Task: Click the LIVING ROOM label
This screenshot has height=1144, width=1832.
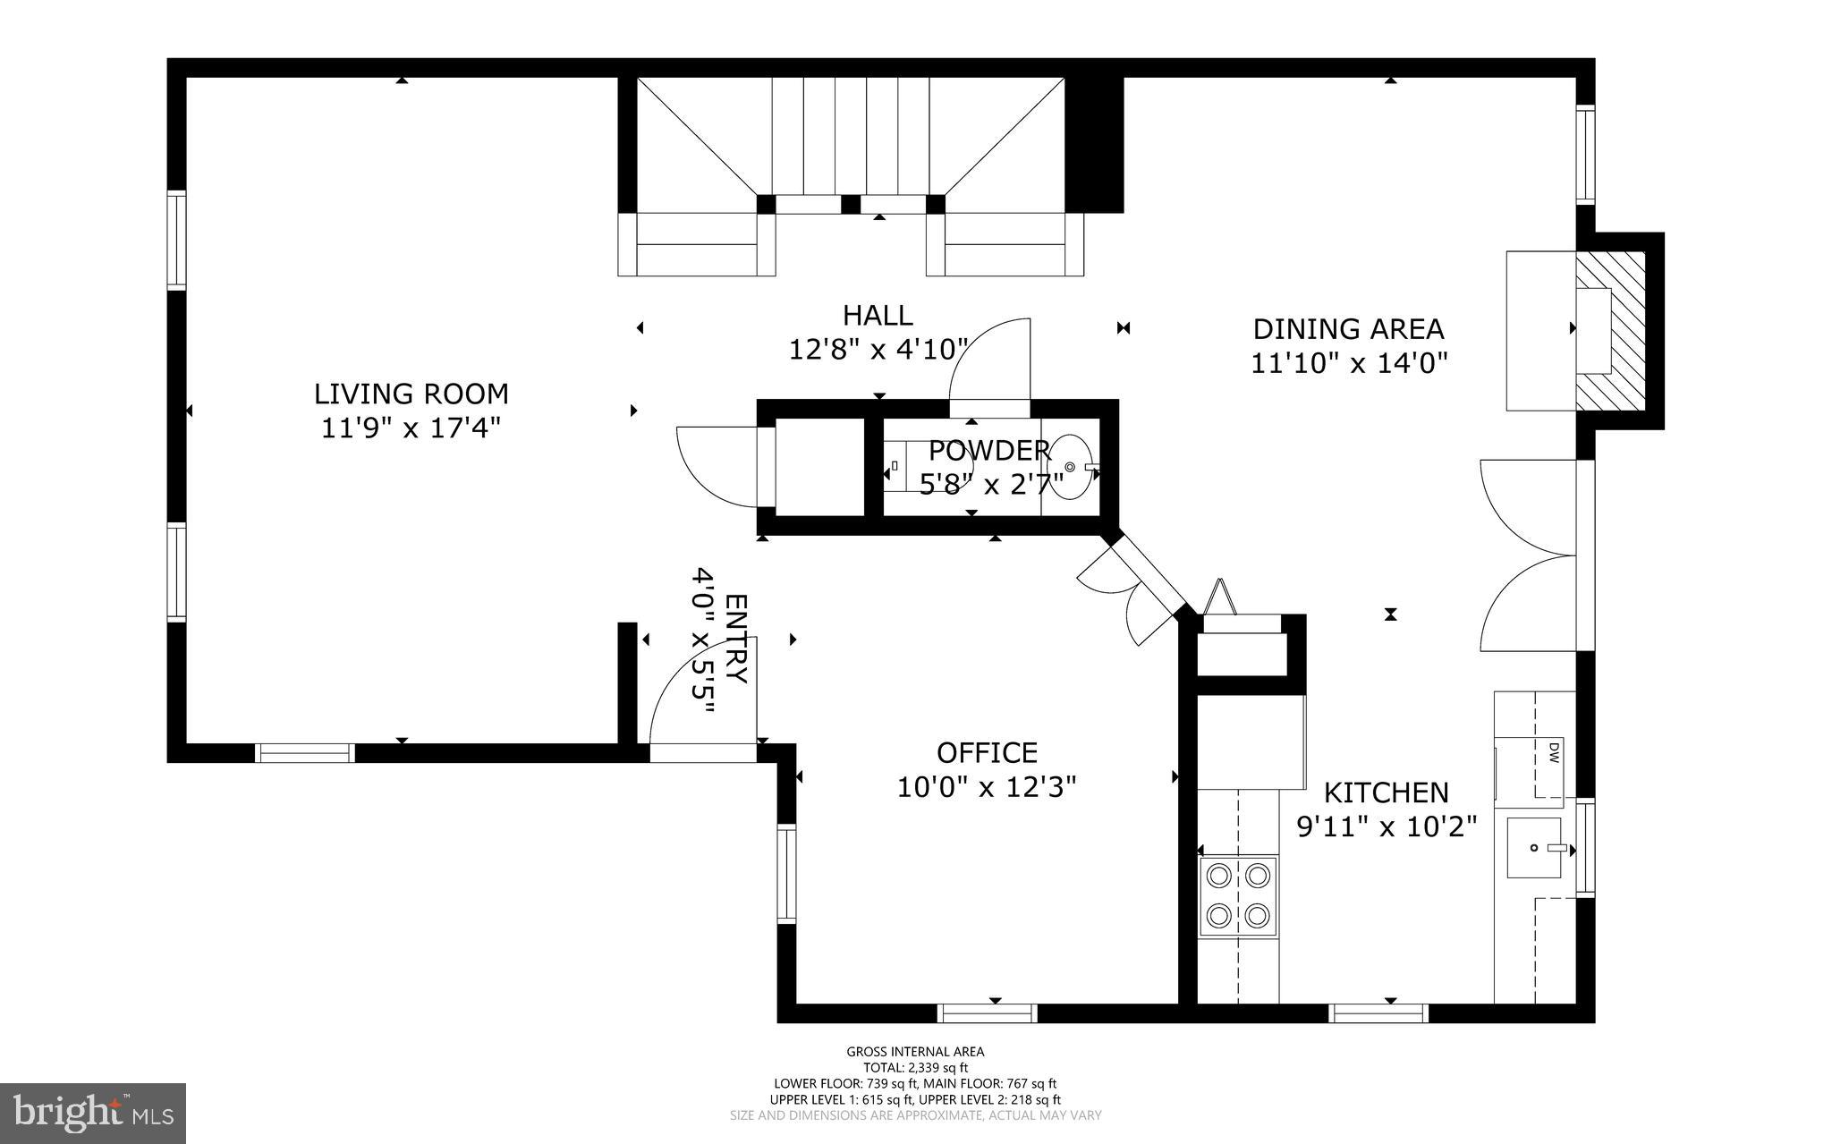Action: tap(411, 394)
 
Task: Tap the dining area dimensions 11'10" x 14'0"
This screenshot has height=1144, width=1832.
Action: tap(1348, 363)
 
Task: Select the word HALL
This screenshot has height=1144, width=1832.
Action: tap(878, 315)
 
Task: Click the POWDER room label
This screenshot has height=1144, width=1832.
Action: tap(988, 450)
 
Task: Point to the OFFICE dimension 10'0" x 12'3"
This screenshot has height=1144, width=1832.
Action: tap(986, 787)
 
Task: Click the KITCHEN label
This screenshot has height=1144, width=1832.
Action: tap(1386, 792)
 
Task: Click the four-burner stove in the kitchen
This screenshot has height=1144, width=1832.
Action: tap(1238, 895)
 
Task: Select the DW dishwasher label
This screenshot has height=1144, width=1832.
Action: tap(1554, 752)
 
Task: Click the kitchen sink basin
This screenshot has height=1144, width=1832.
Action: tap(1534, 847)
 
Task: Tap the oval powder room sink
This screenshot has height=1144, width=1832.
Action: tap(1070, 467)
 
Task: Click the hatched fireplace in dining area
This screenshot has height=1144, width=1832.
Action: tap(1610, 331)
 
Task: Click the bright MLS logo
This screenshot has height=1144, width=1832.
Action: tap(93, 1113)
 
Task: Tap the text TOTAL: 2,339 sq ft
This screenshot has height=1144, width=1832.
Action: tap(915, 1067)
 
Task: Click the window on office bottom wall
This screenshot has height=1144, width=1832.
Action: tap(987, 1013)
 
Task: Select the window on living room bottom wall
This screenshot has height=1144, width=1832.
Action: tap(305, 753)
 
